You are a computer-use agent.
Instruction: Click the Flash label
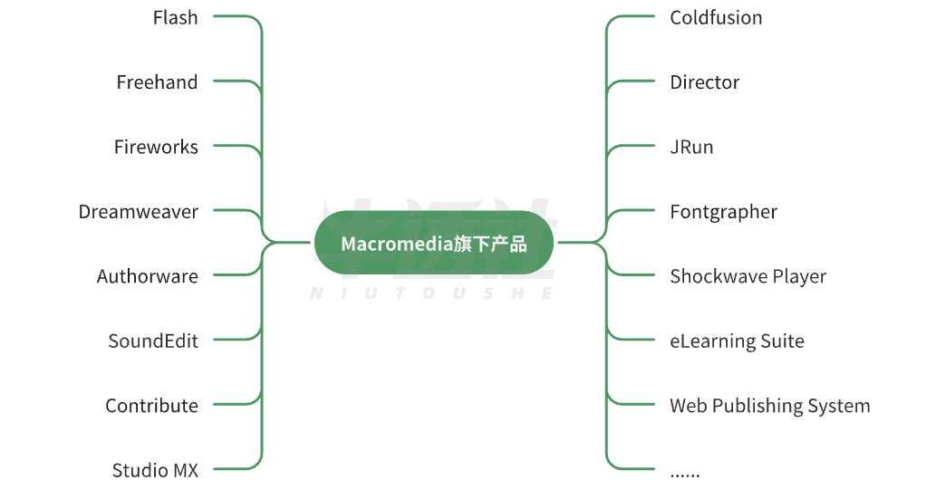[175, 18]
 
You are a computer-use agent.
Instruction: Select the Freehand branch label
[157, 82]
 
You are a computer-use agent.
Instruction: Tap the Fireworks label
[156, 147]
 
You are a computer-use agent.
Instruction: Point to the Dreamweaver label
[139, 212]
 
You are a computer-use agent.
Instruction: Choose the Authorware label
[148, 276]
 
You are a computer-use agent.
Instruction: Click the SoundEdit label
[153, 341]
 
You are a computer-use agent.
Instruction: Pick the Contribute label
[151, 406]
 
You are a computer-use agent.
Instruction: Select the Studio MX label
[155, 470]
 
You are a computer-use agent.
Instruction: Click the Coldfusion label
[716, 18]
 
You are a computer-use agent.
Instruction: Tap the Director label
[704, 82]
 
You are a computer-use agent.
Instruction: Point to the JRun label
[691, 147]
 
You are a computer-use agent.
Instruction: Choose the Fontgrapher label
[723, 213]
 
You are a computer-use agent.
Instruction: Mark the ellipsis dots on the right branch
[685, 476]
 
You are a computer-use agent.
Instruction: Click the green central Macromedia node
[434, 243]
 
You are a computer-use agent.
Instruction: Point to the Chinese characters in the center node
[489, 244]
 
